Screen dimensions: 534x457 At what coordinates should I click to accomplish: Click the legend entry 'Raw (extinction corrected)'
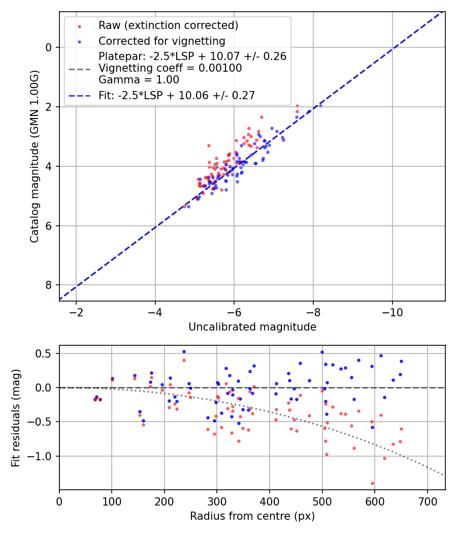point(168,25)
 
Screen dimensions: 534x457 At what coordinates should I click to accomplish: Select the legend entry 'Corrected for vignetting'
point(162,41)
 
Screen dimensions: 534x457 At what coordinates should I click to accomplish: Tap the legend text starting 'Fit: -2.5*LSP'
point(177,95)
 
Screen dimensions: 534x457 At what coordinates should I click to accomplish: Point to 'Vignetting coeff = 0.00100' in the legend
point(170,68)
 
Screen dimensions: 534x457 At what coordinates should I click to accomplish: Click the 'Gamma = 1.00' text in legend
point(139,80)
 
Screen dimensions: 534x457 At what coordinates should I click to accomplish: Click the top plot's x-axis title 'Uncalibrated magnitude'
point(252,327)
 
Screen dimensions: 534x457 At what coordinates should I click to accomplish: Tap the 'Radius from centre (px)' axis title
point(252,516)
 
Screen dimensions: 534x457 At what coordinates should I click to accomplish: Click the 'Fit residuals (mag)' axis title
point(16,418)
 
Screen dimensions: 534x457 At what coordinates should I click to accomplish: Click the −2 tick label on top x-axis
point(76,312)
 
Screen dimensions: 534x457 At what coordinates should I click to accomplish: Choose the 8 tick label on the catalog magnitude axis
point(49,285)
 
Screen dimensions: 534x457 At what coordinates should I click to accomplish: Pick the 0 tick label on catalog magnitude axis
point(49,47)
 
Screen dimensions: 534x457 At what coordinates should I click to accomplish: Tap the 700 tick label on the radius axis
point(427,501)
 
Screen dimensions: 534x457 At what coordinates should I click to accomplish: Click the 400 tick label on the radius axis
point(270,501)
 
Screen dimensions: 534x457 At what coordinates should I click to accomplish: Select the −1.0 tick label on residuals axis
point(43,456)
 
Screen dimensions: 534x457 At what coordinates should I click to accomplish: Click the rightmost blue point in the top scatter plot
point(320,106)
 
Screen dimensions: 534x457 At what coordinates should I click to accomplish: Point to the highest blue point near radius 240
point(184,351)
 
